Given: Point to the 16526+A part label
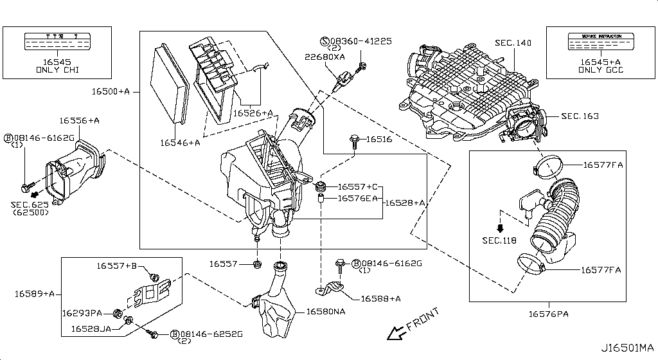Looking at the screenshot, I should [253, 113].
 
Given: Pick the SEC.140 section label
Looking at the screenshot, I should [513, 43].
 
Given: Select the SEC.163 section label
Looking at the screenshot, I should [580, 116].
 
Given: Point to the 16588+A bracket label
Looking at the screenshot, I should [381, 298].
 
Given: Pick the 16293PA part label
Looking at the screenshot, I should [82, 313].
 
